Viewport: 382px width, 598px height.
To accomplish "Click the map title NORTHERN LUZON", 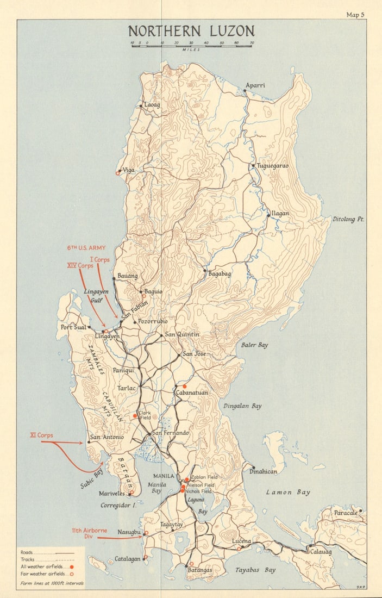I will [191, 30].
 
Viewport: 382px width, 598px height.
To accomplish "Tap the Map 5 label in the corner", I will [356, 15].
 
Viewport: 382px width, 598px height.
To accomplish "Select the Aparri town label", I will [255, 85].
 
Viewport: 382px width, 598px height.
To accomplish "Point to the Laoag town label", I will [152, 104].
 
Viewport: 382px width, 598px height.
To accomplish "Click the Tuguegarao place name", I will [272, 165].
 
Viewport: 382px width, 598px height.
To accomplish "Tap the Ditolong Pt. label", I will [348, 219].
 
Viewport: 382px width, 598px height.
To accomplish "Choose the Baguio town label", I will [153, 292].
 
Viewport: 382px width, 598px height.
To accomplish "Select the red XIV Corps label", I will [79, 266].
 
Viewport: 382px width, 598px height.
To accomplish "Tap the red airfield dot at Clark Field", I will [135, 416].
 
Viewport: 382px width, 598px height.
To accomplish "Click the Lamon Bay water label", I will [288, 492].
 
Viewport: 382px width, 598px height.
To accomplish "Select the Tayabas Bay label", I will [255, 570].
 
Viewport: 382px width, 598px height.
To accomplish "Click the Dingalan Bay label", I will [242, 406].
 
